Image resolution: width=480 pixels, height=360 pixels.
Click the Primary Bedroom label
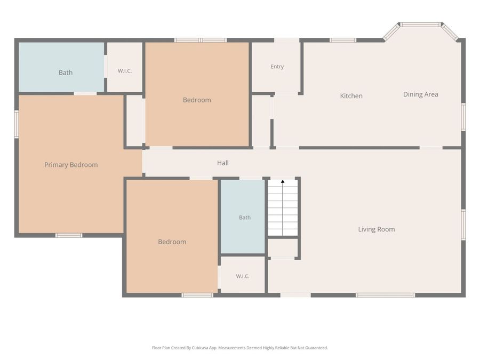(71, 165)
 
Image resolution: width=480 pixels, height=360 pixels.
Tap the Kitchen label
(351, 96)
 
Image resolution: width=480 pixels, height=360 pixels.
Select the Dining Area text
(420, 94)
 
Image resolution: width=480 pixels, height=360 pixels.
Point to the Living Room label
(376, 229)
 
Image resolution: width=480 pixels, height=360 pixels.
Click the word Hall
(222, 163)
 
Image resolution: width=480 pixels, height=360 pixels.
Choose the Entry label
(277, 67)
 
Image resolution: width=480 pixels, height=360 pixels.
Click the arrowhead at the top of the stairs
(283, 181)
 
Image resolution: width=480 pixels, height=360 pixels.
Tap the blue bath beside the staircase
(243, 217)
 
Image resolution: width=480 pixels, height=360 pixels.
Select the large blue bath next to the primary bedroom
(61, 67)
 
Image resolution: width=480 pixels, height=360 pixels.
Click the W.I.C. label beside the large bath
(125, 71)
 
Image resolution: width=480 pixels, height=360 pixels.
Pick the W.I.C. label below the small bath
(243, 276)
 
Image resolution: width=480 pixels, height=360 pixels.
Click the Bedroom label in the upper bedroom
(197, 100)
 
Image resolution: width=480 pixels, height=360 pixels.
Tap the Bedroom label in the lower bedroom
(172, 242)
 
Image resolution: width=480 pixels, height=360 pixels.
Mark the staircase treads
(283, 208)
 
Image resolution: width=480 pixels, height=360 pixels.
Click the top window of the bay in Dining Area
(421, 25)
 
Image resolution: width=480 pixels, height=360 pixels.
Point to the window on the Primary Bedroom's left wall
(17, 124)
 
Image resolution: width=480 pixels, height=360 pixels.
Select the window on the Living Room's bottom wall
(385, 295)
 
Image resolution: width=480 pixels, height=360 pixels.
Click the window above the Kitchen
(343, 40)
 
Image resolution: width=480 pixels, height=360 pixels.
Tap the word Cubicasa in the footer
(200, 348)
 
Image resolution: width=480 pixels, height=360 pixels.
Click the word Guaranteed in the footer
(317, 348)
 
